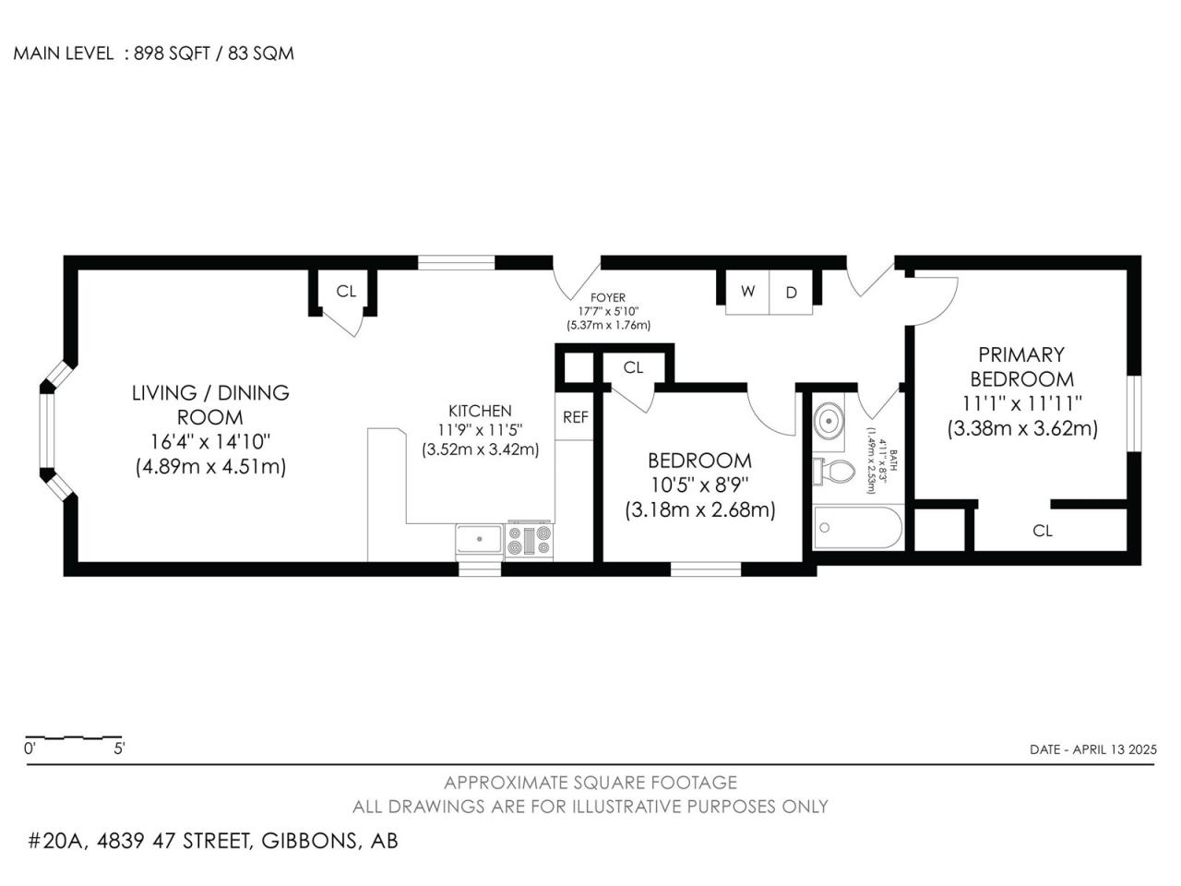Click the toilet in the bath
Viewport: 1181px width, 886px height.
(x=834, y=472)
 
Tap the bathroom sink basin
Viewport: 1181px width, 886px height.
(x=828, y=419)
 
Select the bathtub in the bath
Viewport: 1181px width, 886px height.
(x=858, y=528)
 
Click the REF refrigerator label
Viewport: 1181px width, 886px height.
(x=575, y=417)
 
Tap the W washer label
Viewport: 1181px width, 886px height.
(x=747, y=291)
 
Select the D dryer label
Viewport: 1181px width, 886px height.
(x=791, y=293)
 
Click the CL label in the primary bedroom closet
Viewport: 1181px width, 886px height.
(x=1043, y=531)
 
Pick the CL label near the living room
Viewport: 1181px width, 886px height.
(x=346, y=291)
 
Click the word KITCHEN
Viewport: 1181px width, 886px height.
(x=480, y=411)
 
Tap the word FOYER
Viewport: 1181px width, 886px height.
(x=608, y=297)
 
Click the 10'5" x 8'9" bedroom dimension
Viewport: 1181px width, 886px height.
(x=700, y=485)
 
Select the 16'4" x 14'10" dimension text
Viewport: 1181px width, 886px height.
(x=209, y=442)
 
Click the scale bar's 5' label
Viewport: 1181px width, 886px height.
(x=119, y=748)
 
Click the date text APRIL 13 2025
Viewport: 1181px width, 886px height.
(x=1115, y=749)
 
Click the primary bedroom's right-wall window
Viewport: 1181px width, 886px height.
(x=1134, y=413)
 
